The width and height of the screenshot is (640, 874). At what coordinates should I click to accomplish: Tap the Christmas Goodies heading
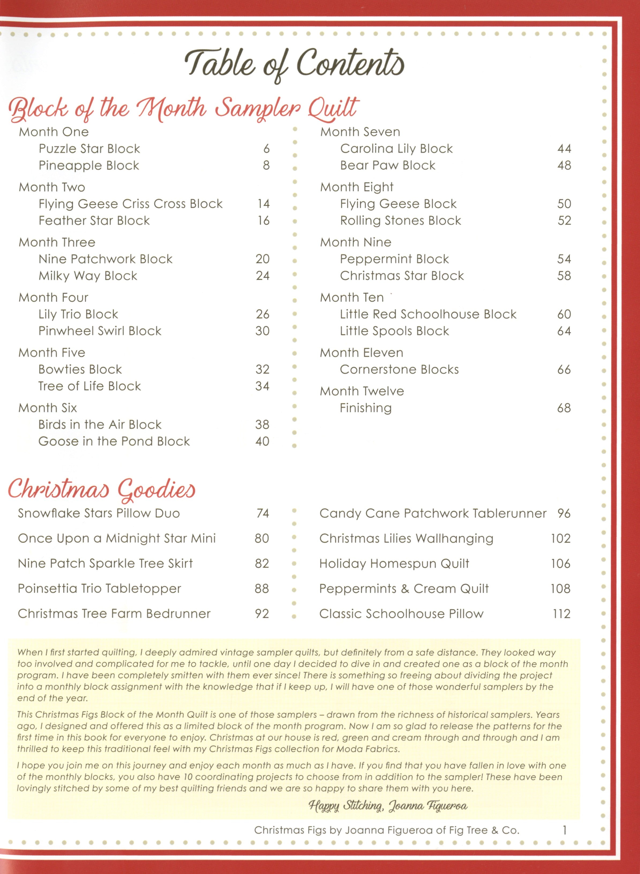point(102,489)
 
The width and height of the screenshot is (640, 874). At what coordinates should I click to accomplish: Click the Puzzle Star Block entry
point(89,149)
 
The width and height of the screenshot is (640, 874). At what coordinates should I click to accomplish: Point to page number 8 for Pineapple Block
point(266,165)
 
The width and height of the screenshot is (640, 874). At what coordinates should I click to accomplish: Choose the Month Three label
point(57,242)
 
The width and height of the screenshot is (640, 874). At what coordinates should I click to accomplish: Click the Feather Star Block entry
point(94,221)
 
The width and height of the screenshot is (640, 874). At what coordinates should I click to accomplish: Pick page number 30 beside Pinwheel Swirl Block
point(262,331)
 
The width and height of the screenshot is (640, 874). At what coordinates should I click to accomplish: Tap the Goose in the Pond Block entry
point(114,442)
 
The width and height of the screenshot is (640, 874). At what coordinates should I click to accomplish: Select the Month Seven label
point(360,132)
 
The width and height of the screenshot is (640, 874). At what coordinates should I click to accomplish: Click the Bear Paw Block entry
point(387,165)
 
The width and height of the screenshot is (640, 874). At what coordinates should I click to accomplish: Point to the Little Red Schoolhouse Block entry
point(428,314)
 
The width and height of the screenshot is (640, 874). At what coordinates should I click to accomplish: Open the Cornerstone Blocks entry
point(399,370)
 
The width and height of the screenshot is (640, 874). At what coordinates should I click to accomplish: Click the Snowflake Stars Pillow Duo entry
point(99,514)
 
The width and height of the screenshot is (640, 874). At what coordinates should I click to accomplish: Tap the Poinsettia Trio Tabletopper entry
point(99,589)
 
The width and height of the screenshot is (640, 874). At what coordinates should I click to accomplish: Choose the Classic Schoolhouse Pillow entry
point(401,614)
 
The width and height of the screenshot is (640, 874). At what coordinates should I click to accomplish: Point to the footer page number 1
point(564,830)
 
